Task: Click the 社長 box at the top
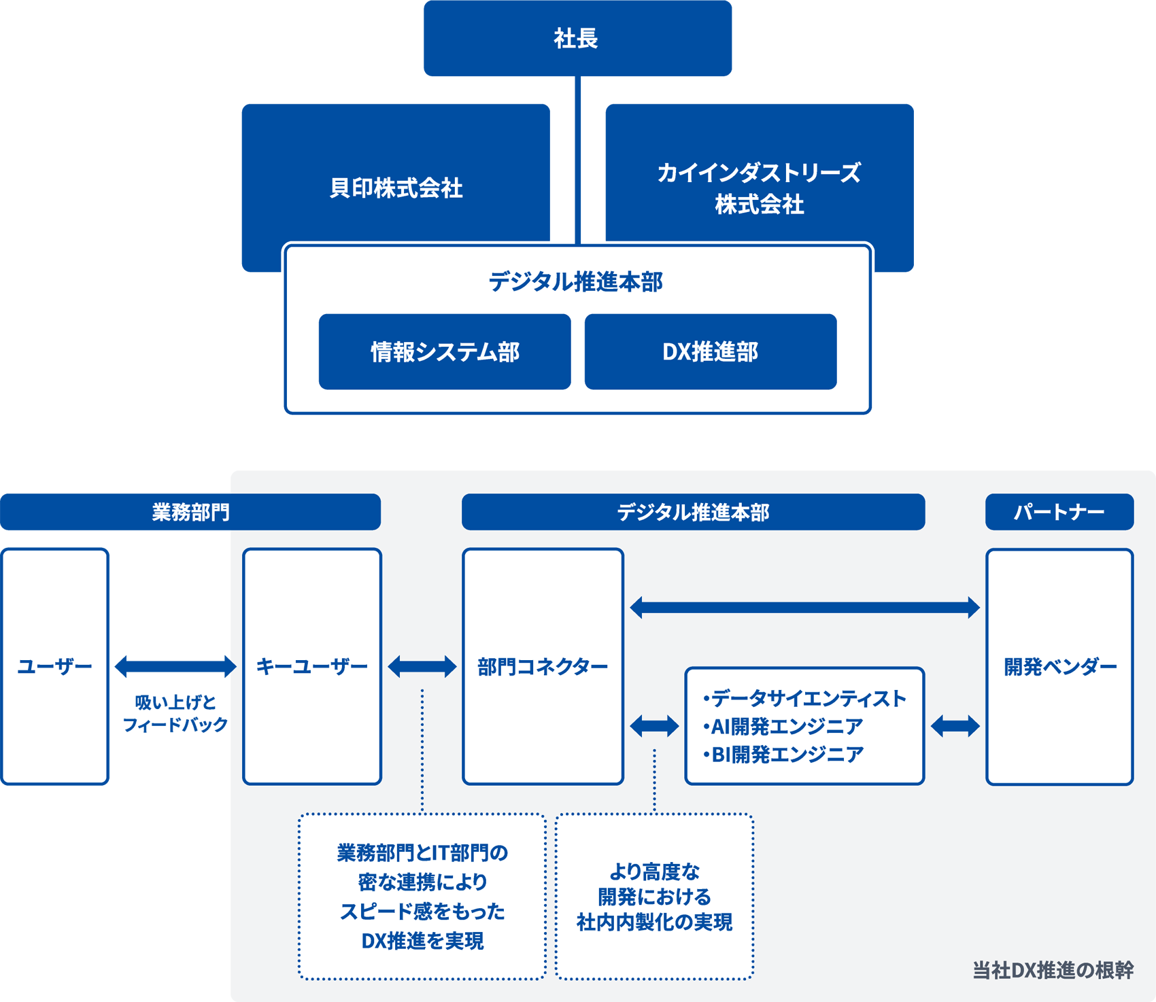point(577,38)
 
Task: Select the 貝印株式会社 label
point(396,188)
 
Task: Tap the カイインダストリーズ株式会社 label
point(759,188)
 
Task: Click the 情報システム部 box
point(445,351)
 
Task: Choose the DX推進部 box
point(710,351)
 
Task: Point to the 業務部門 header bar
point(190,512)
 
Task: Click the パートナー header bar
point(1059,512)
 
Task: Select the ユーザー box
point(54,666)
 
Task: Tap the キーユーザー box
point(312,666)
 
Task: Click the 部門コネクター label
point(543,666)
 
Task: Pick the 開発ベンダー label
point(1059,666)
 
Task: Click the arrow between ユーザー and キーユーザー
point(175,666)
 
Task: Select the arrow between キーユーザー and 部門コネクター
point(422,666)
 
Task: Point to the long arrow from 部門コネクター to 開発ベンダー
point(804,607)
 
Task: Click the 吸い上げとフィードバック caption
point(175,713)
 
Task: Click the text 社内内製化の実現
point(654,922)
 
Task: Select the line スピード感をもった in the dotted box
point(422,911)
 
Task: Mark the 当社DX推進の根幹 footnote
point(1053,970)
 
